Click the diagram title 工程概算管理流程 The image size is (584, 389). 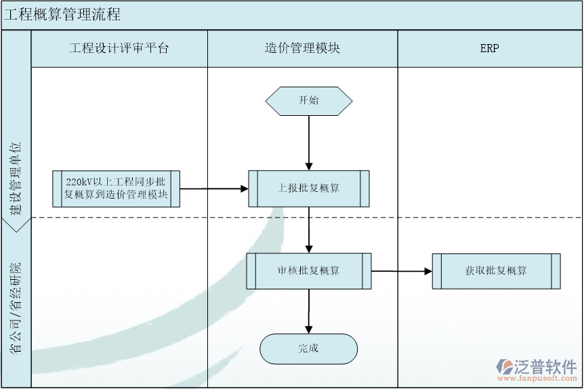tap(62, 15)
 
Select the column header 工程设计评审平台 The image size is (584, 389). tap(119, 48)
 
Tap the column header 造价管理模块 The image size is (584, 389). tap(302, 48)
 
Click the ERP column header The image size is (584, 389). tap(489, 48)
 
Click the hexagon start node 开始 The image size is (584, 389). tap(309, 101)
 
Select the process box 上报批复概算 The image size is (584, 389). tap(309, 188)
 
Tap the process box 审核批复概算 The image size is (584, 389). tap(309, 271)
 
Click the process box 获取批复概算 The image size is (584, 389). tap(496, 271)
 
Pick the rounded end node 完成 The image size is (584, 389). tap(309, 349)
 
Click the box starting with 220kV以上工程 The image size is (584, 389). tap(116, 188)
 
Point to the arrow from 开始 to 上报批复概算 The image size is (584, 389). tap(309, 142)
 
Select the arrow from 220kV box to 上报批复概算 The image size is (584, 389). tap(213, 189)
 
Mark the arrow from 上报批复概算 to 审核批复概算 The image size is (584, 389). tap(309, 230)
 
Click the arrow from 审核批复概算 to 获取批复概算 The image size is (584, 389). tap(401, 271)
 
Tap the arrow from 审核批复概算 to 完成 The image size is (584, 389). tap(309, 311)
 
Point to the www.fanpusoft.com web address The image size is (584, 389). tap(539, 378)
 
